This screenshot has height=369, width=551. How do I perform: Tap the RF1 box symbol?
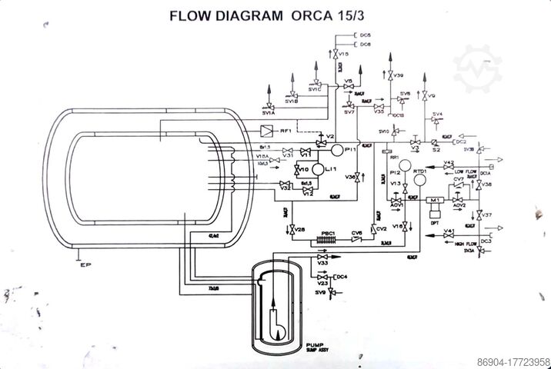[x=265, y=131]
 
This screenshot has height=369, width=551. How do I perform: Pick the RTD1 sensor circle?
[x=420, y=178]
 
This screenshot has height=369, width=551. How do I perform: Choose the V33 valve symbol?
[x=312, y=257]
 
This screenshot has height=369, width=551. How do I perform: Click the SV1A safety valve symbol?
[x=269, y=107]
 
